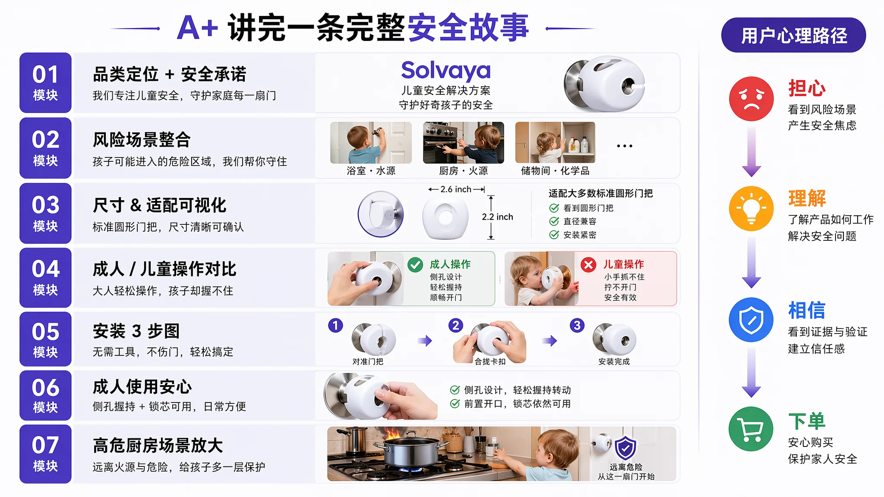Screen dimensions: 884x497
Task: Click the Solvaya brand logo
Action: [446, 70]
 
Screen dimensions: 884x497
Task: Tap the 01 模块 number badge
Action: [45, 83]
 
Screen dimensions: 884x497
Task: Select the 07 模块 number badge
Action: [45, 454]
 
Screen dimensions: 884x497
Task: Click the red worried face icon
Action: [751, 99]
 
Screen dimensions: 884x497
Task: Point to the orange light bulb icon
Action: [751, 208]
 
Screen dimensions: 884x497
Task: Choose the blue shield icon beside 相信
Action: [751, 320]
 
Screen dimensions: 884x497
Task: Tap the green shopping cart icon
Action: [751, 429]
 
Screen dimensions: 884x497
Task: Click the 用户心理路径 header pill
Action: [793, 35]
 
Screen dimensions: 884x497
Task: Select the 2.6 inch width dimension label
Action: [456, 189]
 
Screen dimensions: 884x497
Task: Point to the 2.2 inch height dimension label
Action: [497, 217]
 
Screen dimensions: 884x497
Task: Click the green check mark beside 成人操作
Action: [415, 264]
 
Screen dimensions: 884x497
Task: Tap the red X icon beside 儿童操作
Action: [588, 264]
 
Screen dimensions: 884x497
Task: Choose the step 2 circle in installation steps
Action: [455, 325]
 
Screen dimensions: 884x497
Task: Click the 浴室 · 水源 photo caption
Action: [371, 171]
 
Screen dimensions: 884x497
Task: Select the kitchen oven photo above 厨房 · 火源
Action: [463, 143]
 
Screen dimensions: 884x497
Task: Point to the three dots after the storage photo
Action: [625, 146]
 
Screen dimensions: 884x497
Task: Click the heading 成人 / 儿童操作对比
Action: [164, 269]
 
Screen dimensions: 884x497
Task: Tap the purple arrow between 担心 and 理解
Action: [751, 151]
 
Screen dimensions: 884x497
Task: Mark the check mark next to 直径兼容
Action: [554, 221]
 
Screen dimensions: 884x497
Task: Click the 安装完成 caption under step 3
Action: [614, 362]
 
